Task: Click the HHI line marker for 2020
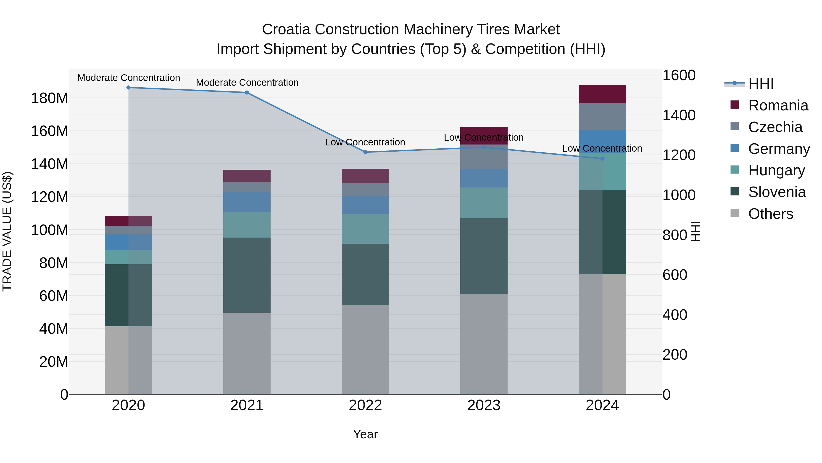(128, 88)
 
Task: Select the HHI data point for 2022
(365, 152)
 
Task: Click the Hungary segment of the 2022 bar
(365, 229)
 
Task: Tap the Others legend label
(770, 214)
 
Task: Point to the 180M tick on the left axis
(50, 98)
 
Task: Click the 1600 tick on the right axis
(679, 75)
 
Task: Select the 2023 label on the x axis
(484, 405)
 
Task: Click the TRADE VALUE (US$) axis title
(7, 231)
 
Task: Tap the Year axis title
(365, 434)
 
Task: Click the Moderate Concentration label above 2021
(247, 83)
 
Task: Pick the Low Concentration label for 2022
(365, 142)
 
